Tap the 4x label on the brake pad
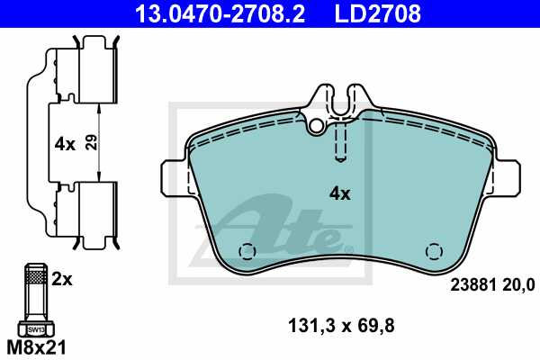[x=339, y=193]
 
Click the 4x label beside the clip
[x=63, y=142]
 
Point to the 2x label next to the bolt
[x=61, y=280]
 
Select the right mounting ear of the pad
[x=508, y=176]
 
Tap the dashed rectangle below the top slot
[x=341, y=139]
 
